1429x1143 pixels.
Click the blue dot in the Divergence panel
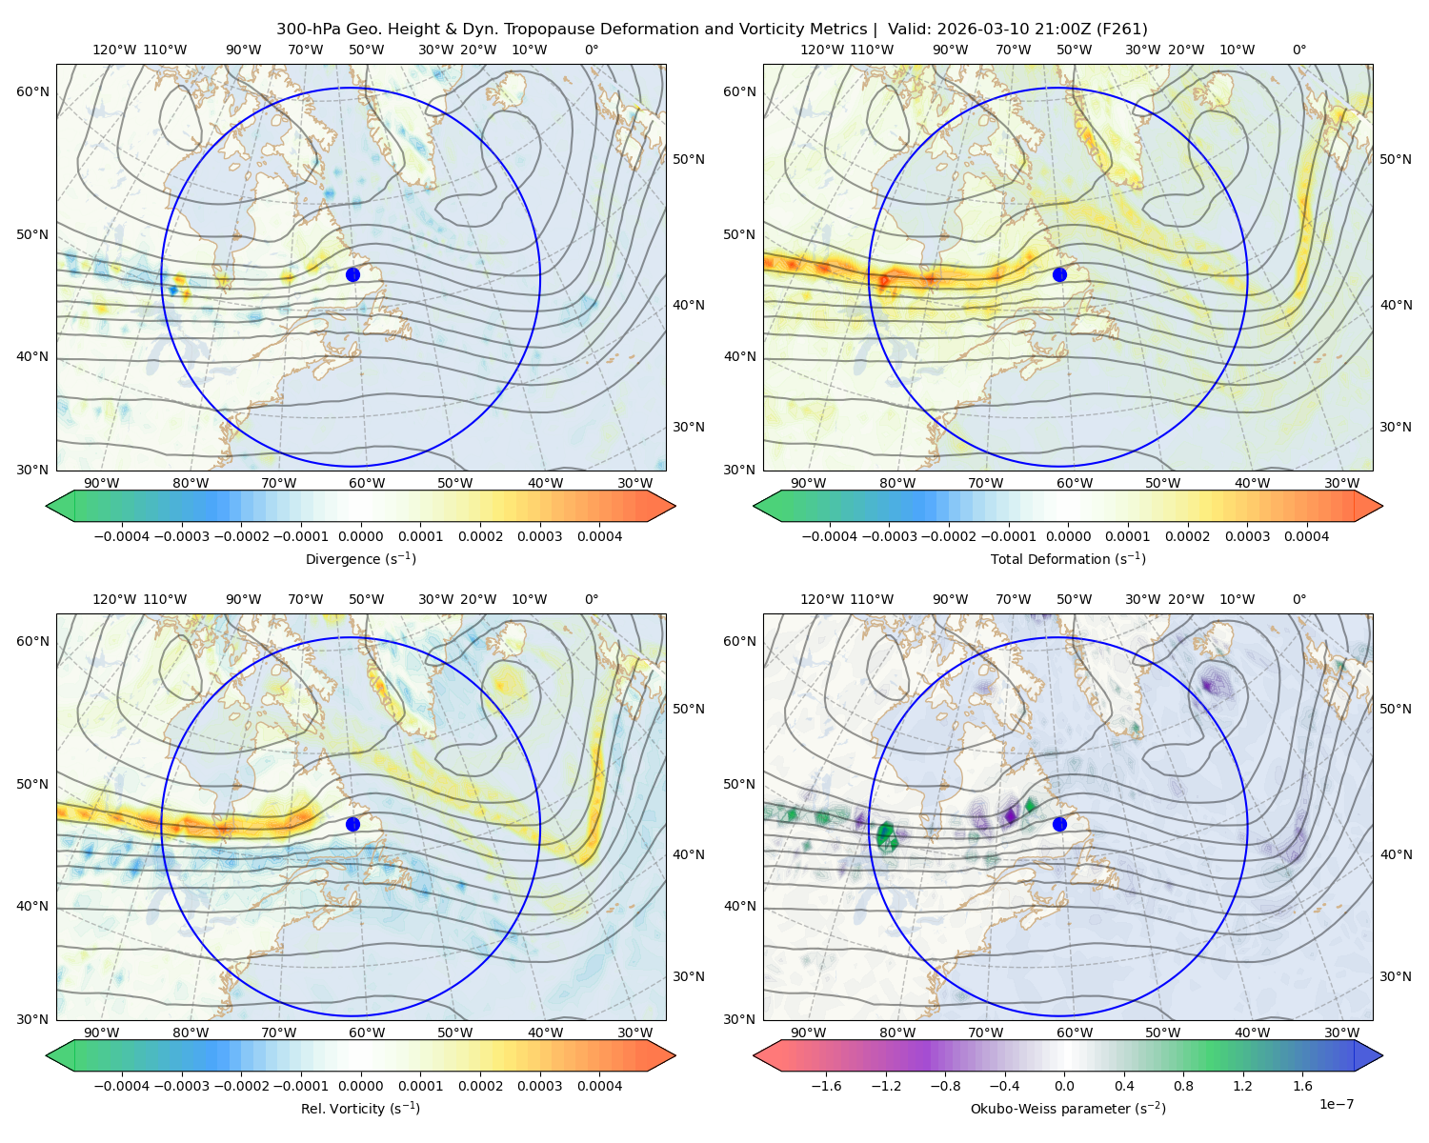tap(352, 274)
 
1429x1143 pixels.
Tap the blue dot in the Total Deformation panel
tap(1059, 274)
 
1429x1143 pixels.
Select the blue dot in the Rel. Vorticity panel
tap(352, 824)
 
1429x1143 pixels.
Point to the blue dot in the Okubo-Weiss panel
tap(1059, 824)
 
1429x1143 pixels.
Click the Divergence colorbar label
tap(360, 558)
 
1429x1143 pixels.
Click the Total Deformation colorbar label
tap(1068, 558)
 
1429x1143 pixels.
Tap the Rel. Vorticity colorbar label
tap(360, 1108)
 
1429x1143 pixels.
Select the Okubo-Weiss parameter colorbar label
tap(1068, 1108)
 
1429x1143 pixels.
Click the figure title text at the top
tap(712, 30)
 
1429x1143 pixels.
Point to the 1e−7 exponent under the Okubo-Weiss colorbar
tap(1336, 1104)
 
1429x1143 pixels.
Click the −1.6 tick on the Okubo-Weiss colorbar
tap(826, 1086)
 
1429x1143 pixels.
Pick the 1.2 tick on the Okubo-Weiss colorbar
tap(1242, 1086)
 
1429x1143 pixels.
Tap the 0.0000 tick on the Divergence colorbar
tap(360, 536)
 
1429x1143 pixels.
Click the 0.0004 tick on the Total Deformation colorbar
tap(1306, 536)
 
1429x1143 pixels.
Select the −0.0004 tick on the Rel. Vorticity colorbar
tap(122, 1086)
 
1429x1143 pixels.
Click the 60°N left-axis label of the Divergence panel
tap(32, 91)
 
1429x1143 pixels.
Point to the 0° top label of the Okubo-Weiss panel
tap(1298, 599)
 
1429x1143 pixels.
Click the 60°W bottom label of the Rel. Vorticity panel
tap(367, 1033)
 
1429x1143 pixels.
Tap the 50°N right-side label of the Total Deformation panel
tap(1395, 159)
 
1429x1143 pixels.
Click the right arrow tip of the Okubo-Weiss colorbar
tap(1382, 1055)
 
